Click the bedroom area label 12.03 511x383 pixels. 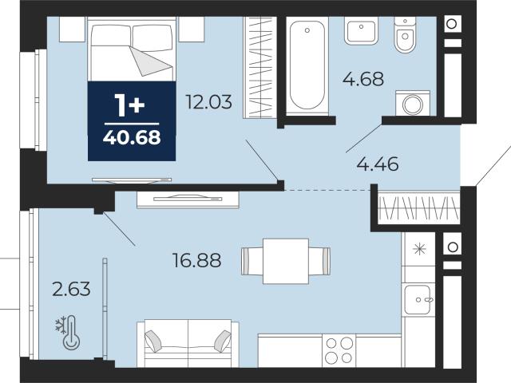(x=208, y=101)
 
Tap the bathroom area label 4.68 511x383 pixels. (x=363, y=79)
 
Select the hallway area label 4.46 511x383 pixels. (x=378, y=164)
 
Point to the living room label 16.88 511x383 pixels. (x=197, y=260)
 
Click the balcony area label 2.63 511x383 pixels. (x=71, y=289)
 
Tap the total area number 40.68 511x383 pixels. (x=132, y=137)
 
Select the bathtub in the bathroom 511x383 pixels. (x=307, y=65)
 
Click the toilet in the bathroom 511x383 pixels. (x=405, y=34)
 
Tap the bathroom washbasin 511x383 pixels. (x=361, y=30)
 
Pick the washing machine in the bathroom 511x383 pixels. (x=413, y=104)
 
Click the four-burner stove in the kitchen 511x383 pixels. (x=339, y=350)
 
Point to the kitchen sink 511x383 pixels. (x=418, y=300)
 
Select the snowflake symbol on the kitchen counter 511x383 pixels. (x=419, y=249)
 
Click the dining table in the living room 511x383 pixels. (x=286, y=261)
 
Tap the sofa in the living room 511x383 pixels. (x=188, y=343)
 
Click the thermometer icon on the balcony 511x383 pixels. (x=71, y=333)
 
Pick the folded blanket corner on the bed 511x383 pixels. (x=151, y=61)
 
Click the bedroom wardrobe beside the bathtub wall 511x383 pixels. (x=259, y=67)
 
